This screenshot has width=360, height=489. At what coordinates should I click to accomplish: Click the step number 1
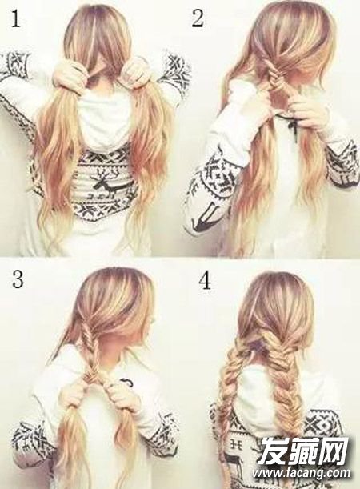14,18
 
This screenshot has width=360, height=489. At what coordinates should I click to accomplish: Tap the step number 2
198,18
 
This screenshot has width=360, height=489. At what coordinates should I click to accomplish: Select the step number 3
18,279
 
